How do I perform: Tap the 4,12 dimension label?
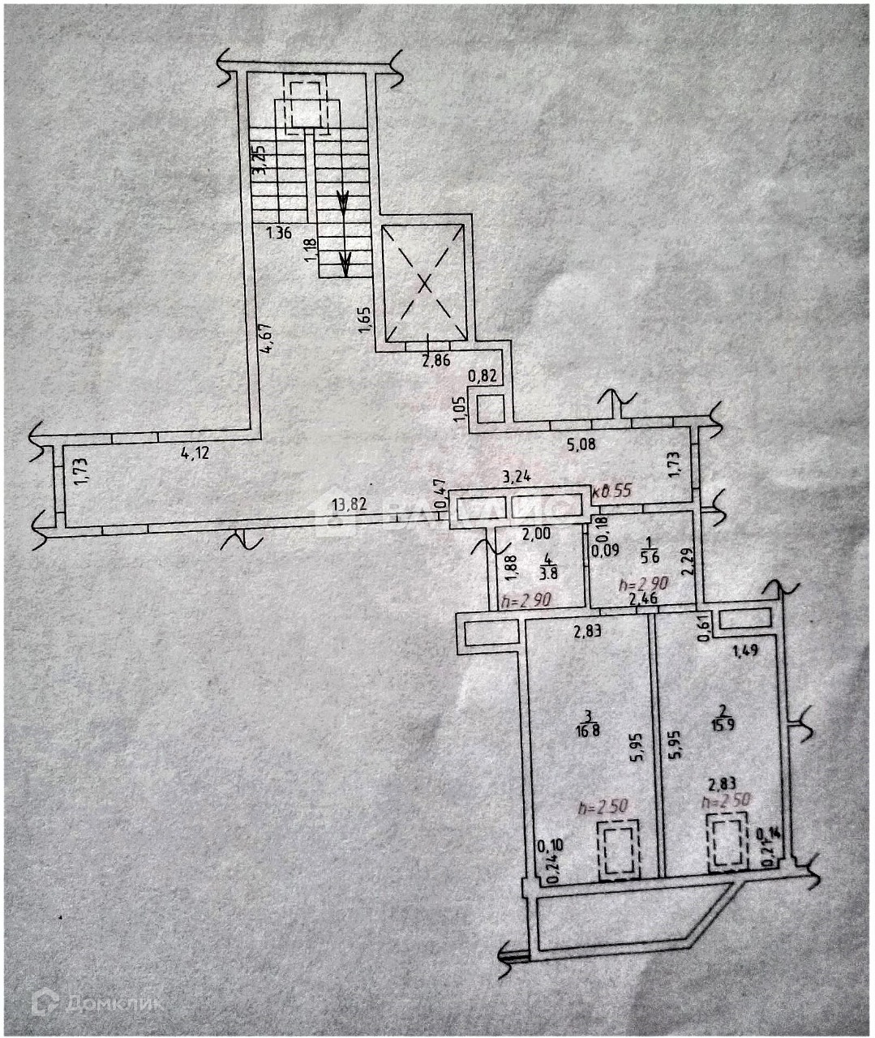[195, 453]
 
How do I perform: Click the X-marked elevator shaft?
[425, 283]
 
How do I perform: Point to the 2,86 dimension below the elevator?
[436, 361]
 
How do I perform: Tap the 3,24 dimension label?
[517, 477]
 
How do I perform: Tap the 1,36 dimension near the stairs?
[279, 234]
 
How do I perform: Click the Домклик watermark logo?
[97, 1003]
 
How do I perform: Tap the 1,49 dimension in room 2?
[745, 649]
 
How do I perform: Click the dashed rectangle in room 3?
[618, 849]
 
